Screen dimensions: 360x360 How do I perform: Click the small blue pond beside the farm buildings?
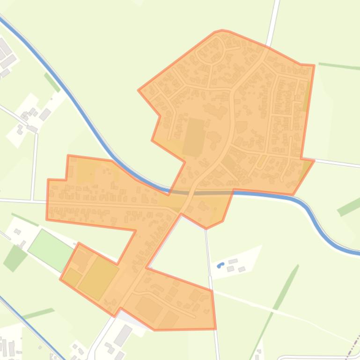[x=220, y=266]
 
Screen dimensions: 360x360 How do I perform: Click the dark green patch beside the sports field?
[x=15, y=258]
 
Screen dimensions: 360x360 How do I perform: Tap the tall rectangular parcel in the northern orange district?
[x=194, y=137]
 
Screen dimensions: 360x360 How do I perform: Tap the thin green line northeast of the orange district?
[x=337, y=65]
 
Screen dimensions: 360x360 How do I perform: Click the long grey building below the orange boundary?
[x=123, y=335]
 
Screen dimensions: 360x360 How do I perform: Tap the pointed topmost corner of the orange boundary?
[x=222, y=30]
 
